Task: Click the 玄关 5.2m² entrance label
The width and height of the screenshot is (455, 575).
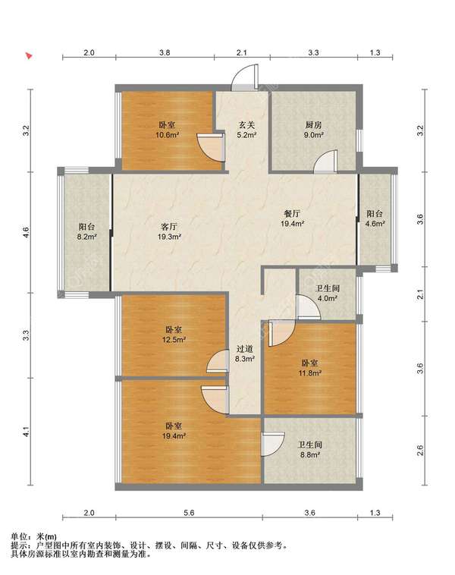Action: [x=246, y=130]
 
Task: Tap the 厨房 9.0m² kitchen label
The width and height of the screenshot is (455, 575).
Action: [x=313, y=130]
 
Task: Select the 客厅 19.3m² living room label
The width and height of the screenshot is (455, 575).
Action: [x=169, y=232]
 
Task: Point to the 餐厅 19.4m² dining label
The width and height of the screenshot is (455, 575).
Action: [x=292, y=218]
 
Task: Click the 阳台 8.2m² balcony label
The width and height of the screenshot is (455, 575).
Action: [x=86, y=232]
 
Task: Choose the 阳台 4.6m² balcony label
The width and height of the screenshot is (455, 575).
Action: [x=375, y=218]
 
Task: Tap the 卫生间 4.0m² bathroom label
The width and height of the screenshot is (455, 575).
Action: [x=328, y=294]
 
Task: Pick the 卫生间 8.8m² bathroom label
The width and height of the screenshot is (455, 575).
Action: [x=310, y=450]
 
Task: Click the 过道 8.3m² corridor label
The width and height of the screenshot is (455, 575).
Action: [x=244, y=353]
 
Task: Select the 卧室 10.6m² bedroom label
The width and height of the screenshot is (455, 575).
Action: [x=167, y=130]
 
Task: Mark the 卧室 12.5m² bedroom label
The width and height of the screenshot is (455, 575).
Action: [x=174, y=335]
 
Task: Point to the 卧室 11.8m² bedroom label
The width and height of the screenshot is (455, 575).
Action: [x=310, y=368]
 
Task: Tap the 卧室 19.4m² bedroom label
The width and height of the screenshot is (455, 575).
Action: [x=174, y=431]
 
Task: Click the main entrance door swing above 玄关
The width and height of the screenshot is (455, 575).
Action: [x=244, y=77]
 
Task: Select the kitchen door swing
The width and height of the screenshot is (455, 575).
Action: [x=325, y=162]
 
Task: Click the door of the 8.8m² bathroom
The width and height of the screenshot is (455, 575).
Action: [x=274, y=444]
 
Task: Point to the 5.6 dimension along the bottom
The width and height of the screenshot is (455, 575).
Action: [x=189, y=513]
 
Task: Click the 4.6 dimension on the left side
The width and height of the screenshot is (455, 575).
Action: [x=25, y=232]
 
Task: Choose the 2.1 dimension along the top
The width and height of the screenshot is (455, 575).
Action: [x=242, y=52]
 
